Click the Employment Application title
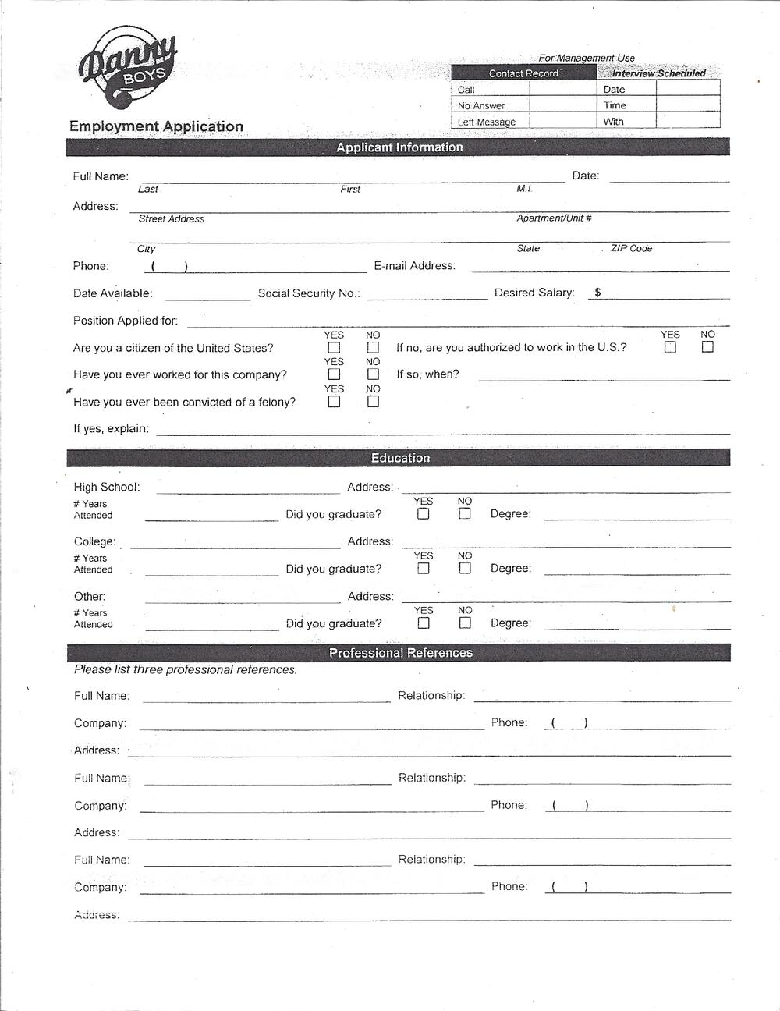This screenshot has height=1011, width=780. (x=156, y=126)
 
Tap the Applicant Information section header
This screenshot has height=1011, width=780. (x=399, y=147)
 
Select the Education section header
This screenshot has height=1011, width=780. (x=399, y=458)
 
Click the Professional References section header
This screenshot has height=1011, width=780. (x=399, y=653)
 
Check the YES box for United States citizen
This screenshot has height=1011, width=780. (x=334, y=348)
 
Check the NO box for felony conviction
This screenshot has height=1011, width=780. (x=373, y=402)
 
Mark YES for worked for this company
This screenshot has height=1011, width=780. (x=334, y=374)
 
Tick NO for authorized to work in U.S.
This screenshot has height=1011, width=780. (x=707, y=347)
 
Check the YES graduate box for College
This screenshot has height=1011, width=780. (x=423, y=569)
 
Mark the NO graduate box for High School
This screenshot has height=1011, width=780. (x=465, y=514)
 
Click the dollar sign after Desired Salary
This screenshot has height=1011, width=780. (x=597, y=293)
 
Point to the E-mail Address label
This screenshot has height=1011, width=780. (x=414, y=266)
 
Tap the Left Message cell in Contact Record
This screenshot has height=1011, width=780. (x=487, y=122)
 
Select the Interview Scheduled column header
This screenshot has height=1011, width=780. (x=658, y=73)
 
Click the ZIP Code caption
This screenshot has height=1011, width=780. (x=631, y=249)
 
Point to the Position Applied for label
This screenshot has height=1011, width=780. (x=126, y=321)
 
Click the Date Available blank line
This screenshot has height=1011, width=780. (x=207, y=296)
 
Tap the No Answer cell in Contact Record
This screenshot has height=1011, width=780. (x=481, y=105)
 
